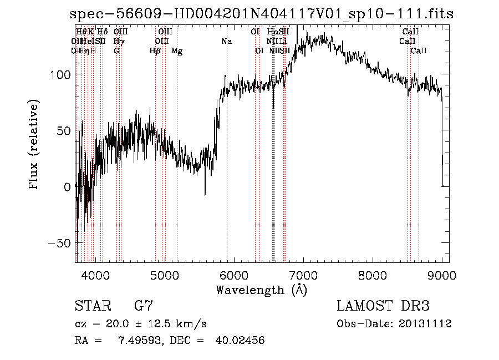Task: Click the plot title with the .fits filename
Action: (x=261, y=14)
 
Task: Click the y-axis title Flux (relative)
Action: (x=34, y=145)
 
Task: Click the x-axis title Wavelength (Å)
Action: (x=261, y=290)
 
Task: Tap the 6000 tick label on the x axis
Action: (x=234, y=275)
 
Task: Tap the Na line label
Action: (x=226, y=42)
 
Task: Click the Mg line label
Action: (x=177, y=51)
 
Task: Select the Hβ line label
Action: (x=155, y=51)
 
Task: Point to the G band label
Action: (x=116, y=51)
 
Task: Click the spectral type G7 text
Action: (x=143, y=306)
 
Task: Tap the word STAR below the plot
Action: (x=93, y=306)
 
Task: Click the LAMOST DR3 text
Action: (x=383, y=306)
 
